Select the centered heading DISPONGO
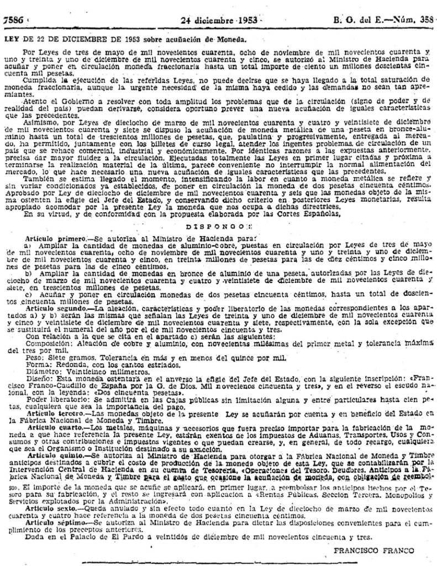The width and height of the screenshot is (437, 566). pos(219,211)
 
